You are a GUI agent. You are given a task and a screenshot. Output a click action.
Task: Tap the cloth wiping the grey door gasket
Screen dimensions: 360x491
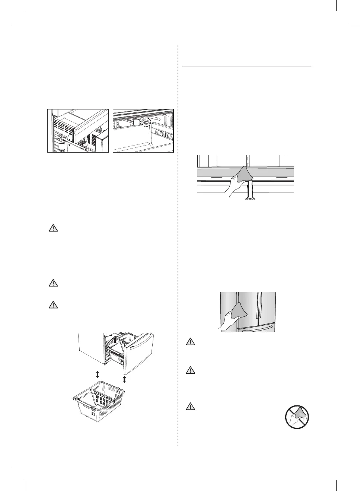(244, 175)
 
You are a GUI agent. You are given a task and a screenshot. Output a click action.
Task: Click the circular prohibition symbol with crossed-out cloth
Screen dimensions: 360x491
(297, 417)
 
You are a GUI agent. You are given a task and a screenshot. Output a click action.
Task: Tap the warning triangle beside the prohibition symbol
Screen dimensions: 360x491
(190, 406)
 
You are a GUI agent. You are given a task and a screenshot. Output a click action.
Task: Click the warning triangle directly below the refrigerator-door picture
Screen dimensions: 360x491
(190, 341)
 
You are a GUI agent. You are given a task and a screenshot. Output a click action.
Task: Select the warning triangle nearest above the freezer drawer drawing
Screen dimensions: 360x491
(54, 305)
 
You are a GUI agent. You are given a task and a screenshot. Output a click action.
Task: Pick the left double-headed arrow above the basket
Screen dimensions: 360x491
(98, 374)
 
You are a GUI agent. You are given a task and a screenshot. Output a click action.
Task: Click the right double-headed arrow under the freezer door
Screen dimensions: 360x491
(124, 379)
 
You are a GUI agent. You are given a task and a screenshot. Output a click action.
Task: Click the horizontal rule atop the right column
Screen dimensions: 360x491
(246, 67)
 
